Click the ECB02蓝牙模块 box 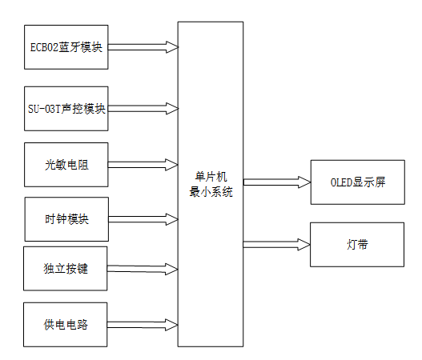coord(66,47)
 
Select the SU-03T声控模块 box coord(66,106)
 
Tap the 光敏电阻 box coord(66,165)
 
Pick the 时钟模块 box coord(66,218)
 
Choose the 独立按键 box coord(66,269)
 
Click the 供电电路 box coord(66,324)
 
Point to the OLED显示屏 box coord(358,182)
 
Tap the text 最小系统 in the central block coord(211,192)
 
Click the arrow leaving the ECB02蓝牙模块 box coord(143,46)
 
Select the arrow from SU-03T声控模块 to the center coord(143,106)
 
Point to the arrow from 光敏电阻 coord(143,165)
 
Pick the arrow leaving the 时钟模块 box coord(143,218)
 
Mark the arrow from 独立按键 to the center coord(143,269)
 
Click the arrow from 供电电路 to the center coord(143,324)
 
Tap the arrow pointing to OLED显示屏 coord(276,182)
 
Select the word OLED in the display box coord(342,182)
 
